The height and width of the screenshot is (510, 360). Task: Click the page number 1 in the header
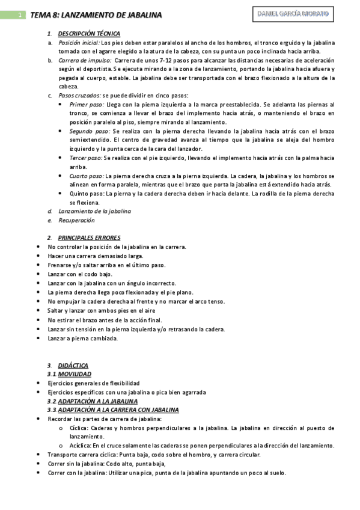[x=20, y=15]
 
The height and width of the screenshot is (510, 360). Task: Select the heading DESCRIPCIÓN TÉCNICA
[x=89, y=34]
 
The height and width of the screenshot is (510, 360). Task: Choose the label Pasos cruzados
[x=79, y=96]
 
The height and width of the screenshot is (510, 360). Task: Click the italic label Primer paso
[x=87, y=105]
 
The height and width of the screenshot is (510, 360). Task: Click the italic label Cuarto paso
[x=87, y=176]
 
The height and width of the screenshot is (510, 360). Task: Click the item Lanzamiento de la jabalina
[x=94, y=211]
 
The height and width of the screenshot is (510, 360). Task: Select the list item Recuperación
[x=76, y=220]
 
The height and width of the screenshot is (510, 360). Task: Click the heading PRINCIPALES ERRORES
[x=89, y=238]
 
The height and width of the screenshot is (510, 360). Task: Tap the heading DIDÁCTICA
[x=73, y=365]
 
